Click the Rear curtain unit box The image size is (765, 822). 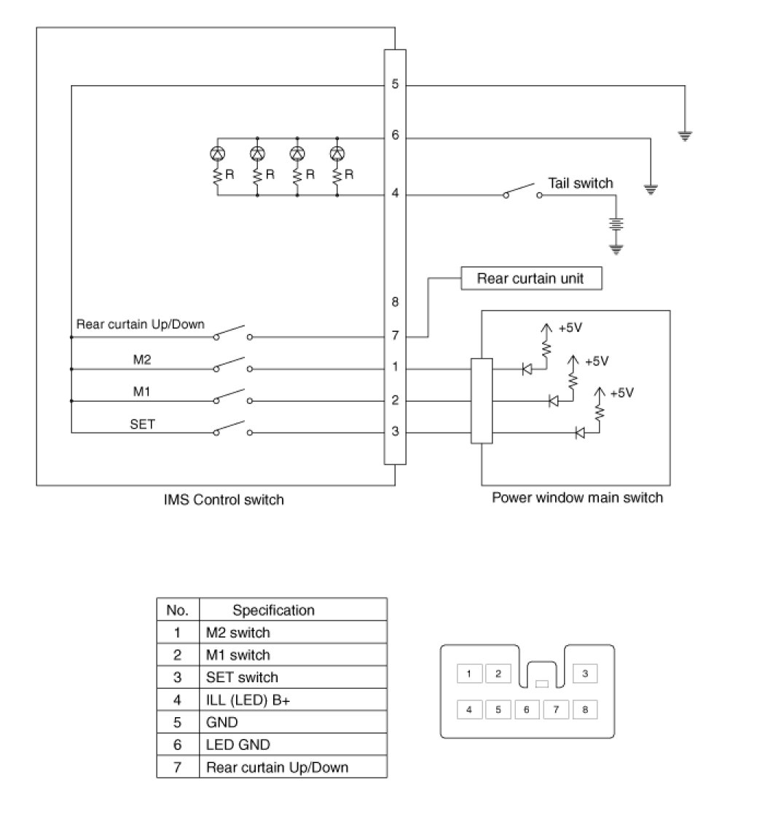point(530,278)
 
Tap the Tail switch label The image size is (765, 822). point(581,183)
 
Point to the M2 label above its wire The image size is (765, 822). point(141,359)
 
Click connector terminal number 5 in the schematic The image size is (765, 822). point(395,84)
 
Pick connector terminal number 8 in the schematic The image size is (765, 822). point(395,301)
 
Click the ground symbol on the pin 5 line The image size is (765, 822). point(685,135)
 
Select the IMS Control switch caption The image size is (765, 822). point(224,500)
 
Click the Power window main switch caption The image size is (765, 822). point(577,498)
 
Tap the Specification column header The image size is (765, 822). point(273,610)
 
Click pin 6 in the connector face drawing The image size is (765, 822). point(526,709)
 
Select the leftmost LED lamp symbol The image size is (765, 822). point(217,154)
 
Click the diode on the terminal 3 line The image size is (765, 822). point(581,433)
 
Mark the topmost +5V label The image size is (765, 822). point(570,328)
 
